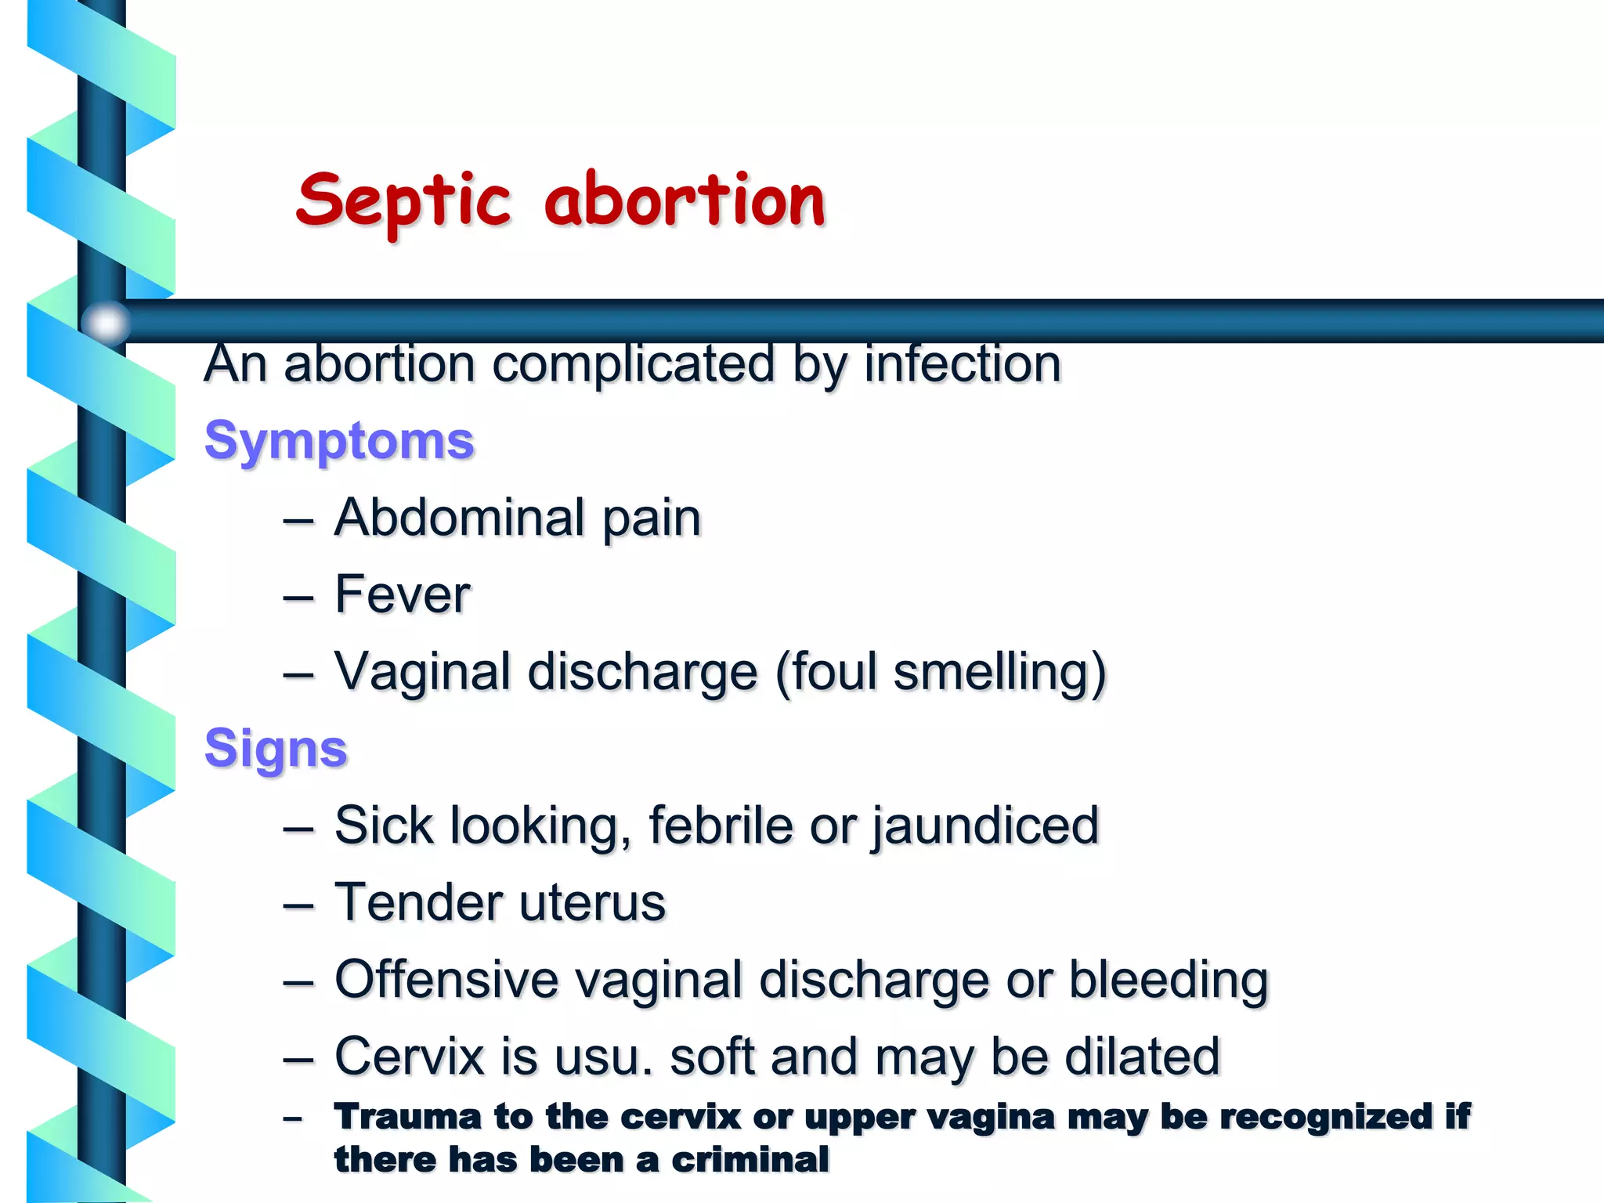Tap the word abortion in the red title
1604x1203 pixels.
[685, 200]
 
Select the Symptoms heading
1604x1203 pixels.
[339, 442]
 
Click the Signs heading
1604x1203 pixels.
[276, 749]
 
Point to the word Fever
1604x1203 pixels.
[403, 594]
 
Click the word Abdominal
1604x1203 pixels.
[460, 518]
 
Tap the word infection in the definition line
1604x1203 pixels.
[963, 364]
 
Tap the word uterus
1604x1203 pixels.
[592, 903]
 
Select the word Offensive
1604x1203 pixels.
[446, 980]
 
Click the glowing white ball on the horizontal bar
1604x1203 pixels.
[106, 322]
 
